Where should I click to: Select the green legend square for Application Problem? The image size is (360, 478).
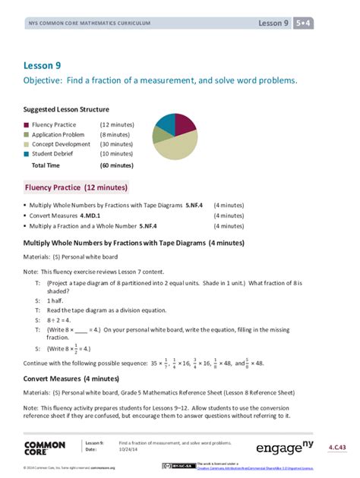(x=27, y=134)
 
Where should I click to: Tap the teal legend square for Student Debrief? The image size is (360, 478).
(x=27, y=154)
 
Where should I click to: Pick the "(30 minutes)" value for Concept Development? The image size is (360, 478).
(x=116, y=144)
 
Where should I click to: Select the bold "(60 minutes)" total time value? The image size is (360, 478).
(x=116, y=165)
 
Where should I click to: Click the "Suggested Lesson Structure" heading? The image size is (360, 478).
(x=66, y=109)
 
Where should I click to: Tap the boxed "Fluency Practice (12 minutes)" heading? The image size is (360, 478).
(x=77, y=187)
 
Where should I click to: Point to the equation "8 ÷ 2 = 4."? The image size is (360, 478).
(x=62, y=320)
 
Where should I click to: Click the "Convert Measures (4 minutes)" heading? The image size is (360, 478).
(x=71, y=377)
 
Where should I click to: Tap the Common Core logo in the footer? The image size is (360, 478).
(x=45, y=448)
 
